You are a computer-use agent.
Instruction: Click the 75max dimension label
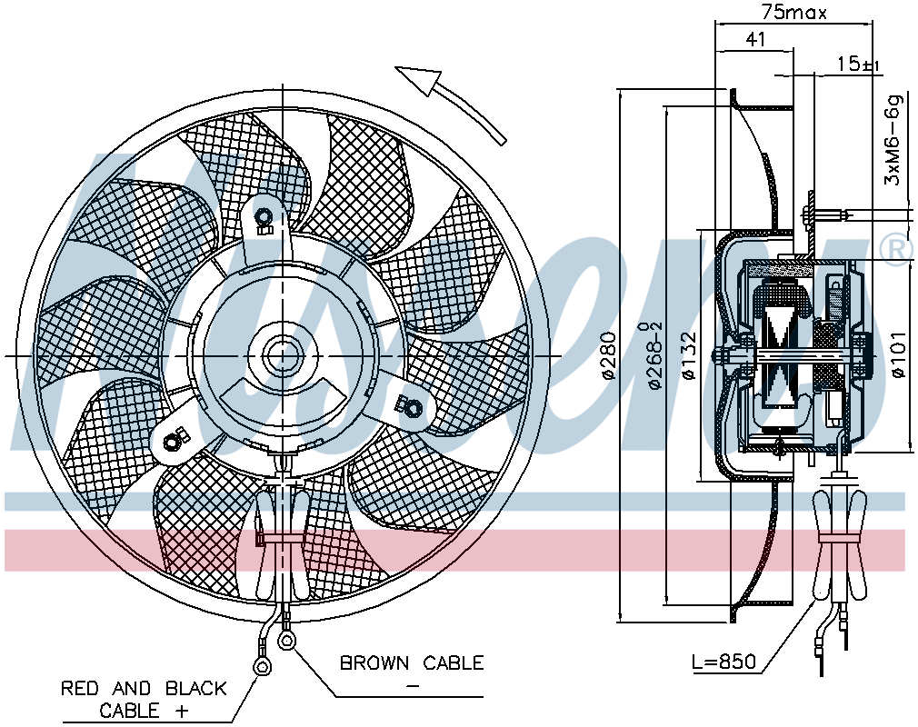(793, 12)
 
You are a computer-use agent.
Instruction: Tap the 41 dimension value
(755, 39)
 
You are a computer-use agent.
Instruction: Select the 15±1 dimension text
(858, 64)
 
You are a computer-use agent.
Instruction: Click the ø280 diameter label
(609, 355)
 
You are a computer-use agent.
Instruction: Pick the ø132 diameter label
(690, 355)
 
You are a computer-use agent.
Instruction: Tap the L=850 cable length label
(724, 662)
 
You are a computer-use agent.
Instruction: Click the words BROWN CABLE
(412, 662)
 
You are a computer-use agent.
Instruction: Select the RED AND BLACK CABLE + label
(144, 700)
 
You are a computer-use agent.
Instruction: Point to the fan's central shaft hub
(283, 354)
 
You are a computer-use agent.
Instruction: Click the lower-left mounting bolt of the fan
(172, 441)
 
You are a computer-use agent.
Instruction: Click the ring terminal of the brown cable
(286, 639)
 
